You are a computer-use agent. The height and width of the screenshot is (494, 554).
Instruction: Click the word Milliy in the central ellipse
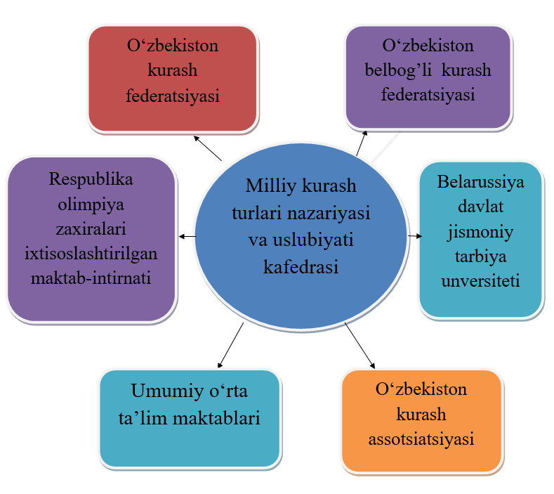(x=271, y=186)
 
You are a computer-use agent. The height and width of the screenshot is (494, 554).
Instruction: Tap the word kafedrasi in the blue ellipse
(x=301, y=267)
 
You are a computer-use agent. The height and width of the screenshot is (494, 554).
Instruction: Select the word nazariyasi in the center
(x=329, y=214)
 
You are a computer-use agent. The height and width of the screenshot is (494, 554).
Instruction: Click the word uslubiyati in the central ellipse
(x=313, y=240)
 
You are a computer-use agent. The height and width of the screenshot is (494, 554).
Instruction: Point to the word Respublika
(x=91, y=180)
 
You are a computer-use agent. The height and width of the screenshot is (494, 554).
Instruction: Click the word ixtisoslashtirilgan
(x=91, y=254)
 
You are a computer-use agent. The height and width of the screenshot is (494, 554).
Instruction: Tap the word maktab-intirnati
(x=91, y=278)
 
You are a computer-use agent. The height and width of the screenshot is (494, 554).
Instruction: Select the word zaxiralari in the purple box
(x=91, y=229)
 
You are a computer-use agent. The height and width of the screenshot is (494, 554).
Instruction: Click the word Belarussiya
(x=480, y=183)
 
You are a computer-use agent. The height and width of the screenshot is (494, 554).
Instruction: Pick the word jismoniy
(x=480, y=233)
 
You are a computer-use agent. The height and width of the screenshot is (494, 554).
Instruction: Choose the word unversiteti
(x=480, y=281)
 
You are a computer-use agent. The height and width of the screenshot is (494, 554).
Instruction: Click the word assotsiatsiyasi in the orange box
(x=421, y=440)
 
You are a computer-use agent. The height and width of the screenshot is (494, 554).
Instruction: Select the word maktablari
(x=216, y=418)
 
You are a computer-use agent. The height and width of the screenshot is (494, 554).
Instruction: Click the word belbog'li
(x=398, y=70)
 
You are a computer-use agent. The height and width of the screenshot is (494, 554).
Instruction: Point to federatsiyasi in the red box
(x=173, y=96)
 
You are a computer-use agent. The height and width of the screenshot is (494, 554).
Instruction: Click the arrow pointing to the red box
(x=208, y=148)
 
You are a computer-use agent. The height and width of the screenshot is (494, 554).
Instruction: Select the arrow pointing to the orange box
(x=360, y=346)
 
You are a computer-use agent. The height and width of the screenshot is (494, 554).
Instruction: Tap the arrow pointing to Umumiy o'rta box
(x=231, y=345)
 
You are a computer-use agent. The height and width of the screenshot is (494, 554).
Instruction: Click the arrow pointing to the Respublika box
(x=187, y=236)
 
